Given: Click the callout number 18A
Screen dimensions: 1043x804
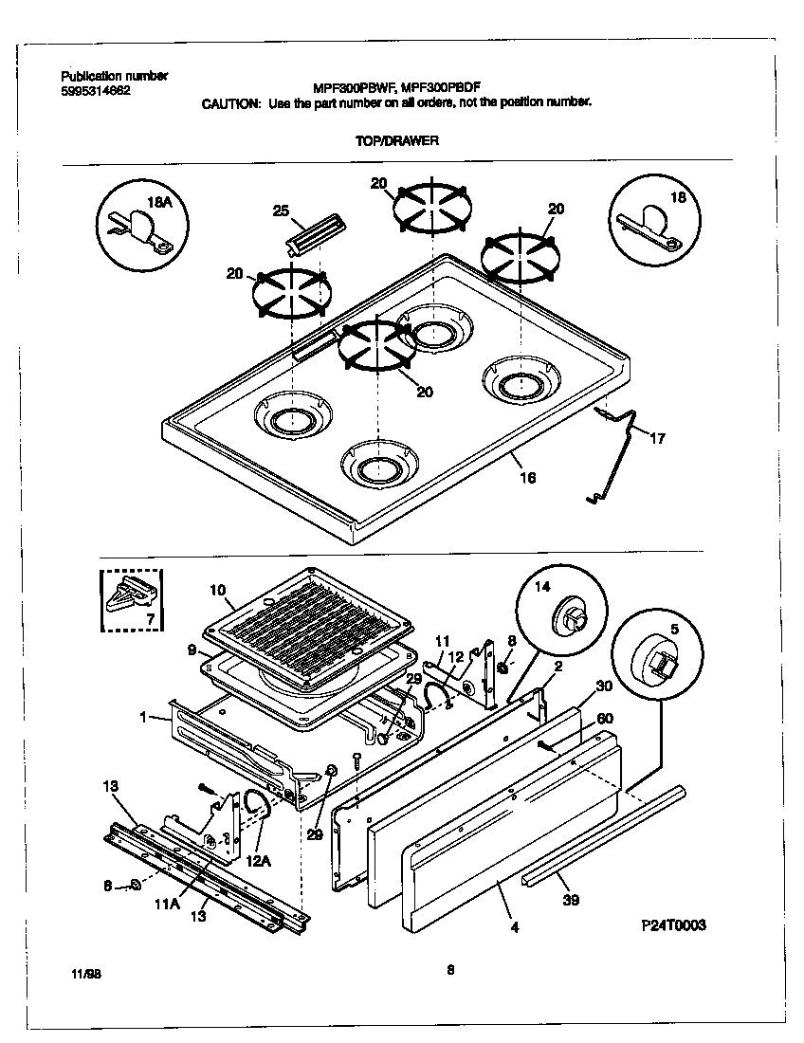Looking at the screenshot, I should tap(158, 201).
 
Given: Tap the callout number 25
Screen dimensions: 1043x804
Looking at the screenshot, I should tap(281, 210).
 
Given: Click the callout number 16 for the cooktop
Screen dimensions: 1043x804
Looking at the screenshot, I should tap(528, 477).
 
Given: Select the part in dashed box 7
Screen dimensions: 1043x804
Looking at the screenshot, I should tap(131, 598).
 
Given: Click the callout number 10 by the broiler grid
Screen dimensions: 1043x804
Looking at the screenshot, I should tap(217, 590).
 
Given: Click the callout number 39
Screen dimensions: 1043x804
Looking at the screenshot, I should tap(570, 900).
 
